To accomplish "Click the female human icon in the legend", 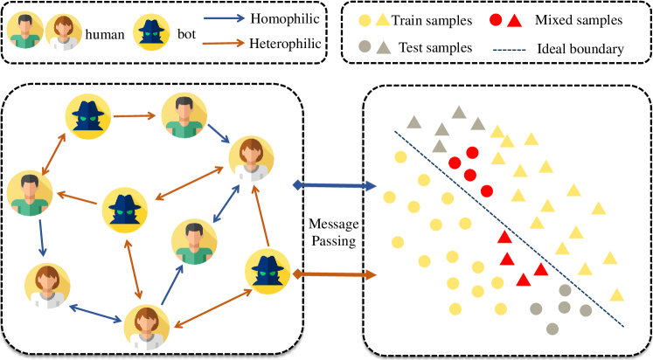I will pos(63,31).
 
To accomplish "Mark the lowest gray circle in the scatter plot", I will pos(552,329).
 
